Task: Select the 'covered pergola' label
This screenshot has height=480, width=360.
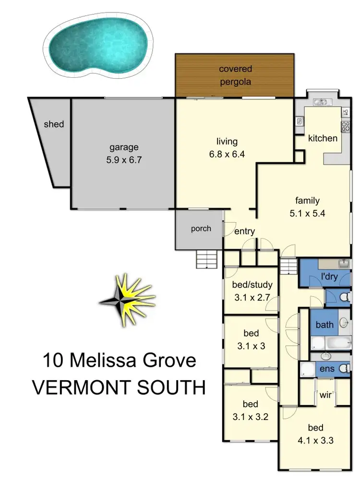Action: (x=235, y=75)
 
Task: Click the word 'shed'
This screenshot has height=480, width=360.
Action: (x=54, y=124)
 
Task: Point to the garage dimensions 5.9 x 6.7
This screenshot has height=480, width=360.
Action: (x=123, y=160)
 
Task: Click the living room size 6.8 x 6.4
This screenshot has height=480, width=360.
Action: (x=227, y=155)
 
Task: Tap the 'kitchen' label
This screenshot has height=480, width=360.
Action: (x=323, y=138)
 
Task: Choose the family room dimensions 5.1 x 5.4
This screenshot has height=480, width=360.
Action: (x=307, y=214)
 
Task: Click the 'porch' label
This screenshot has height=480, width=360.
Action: (x=201, y=228)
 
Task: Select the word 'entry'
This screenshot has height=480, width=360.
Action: (x=244, y=231)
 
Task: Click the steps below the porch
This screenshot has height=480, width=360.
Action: (x=207, y=261)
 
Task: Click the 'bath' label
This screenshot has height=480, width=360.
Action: (x=324, y=325)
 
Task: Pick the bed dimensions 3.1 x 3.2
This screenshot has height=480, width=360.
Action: (x=251, y=417)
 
